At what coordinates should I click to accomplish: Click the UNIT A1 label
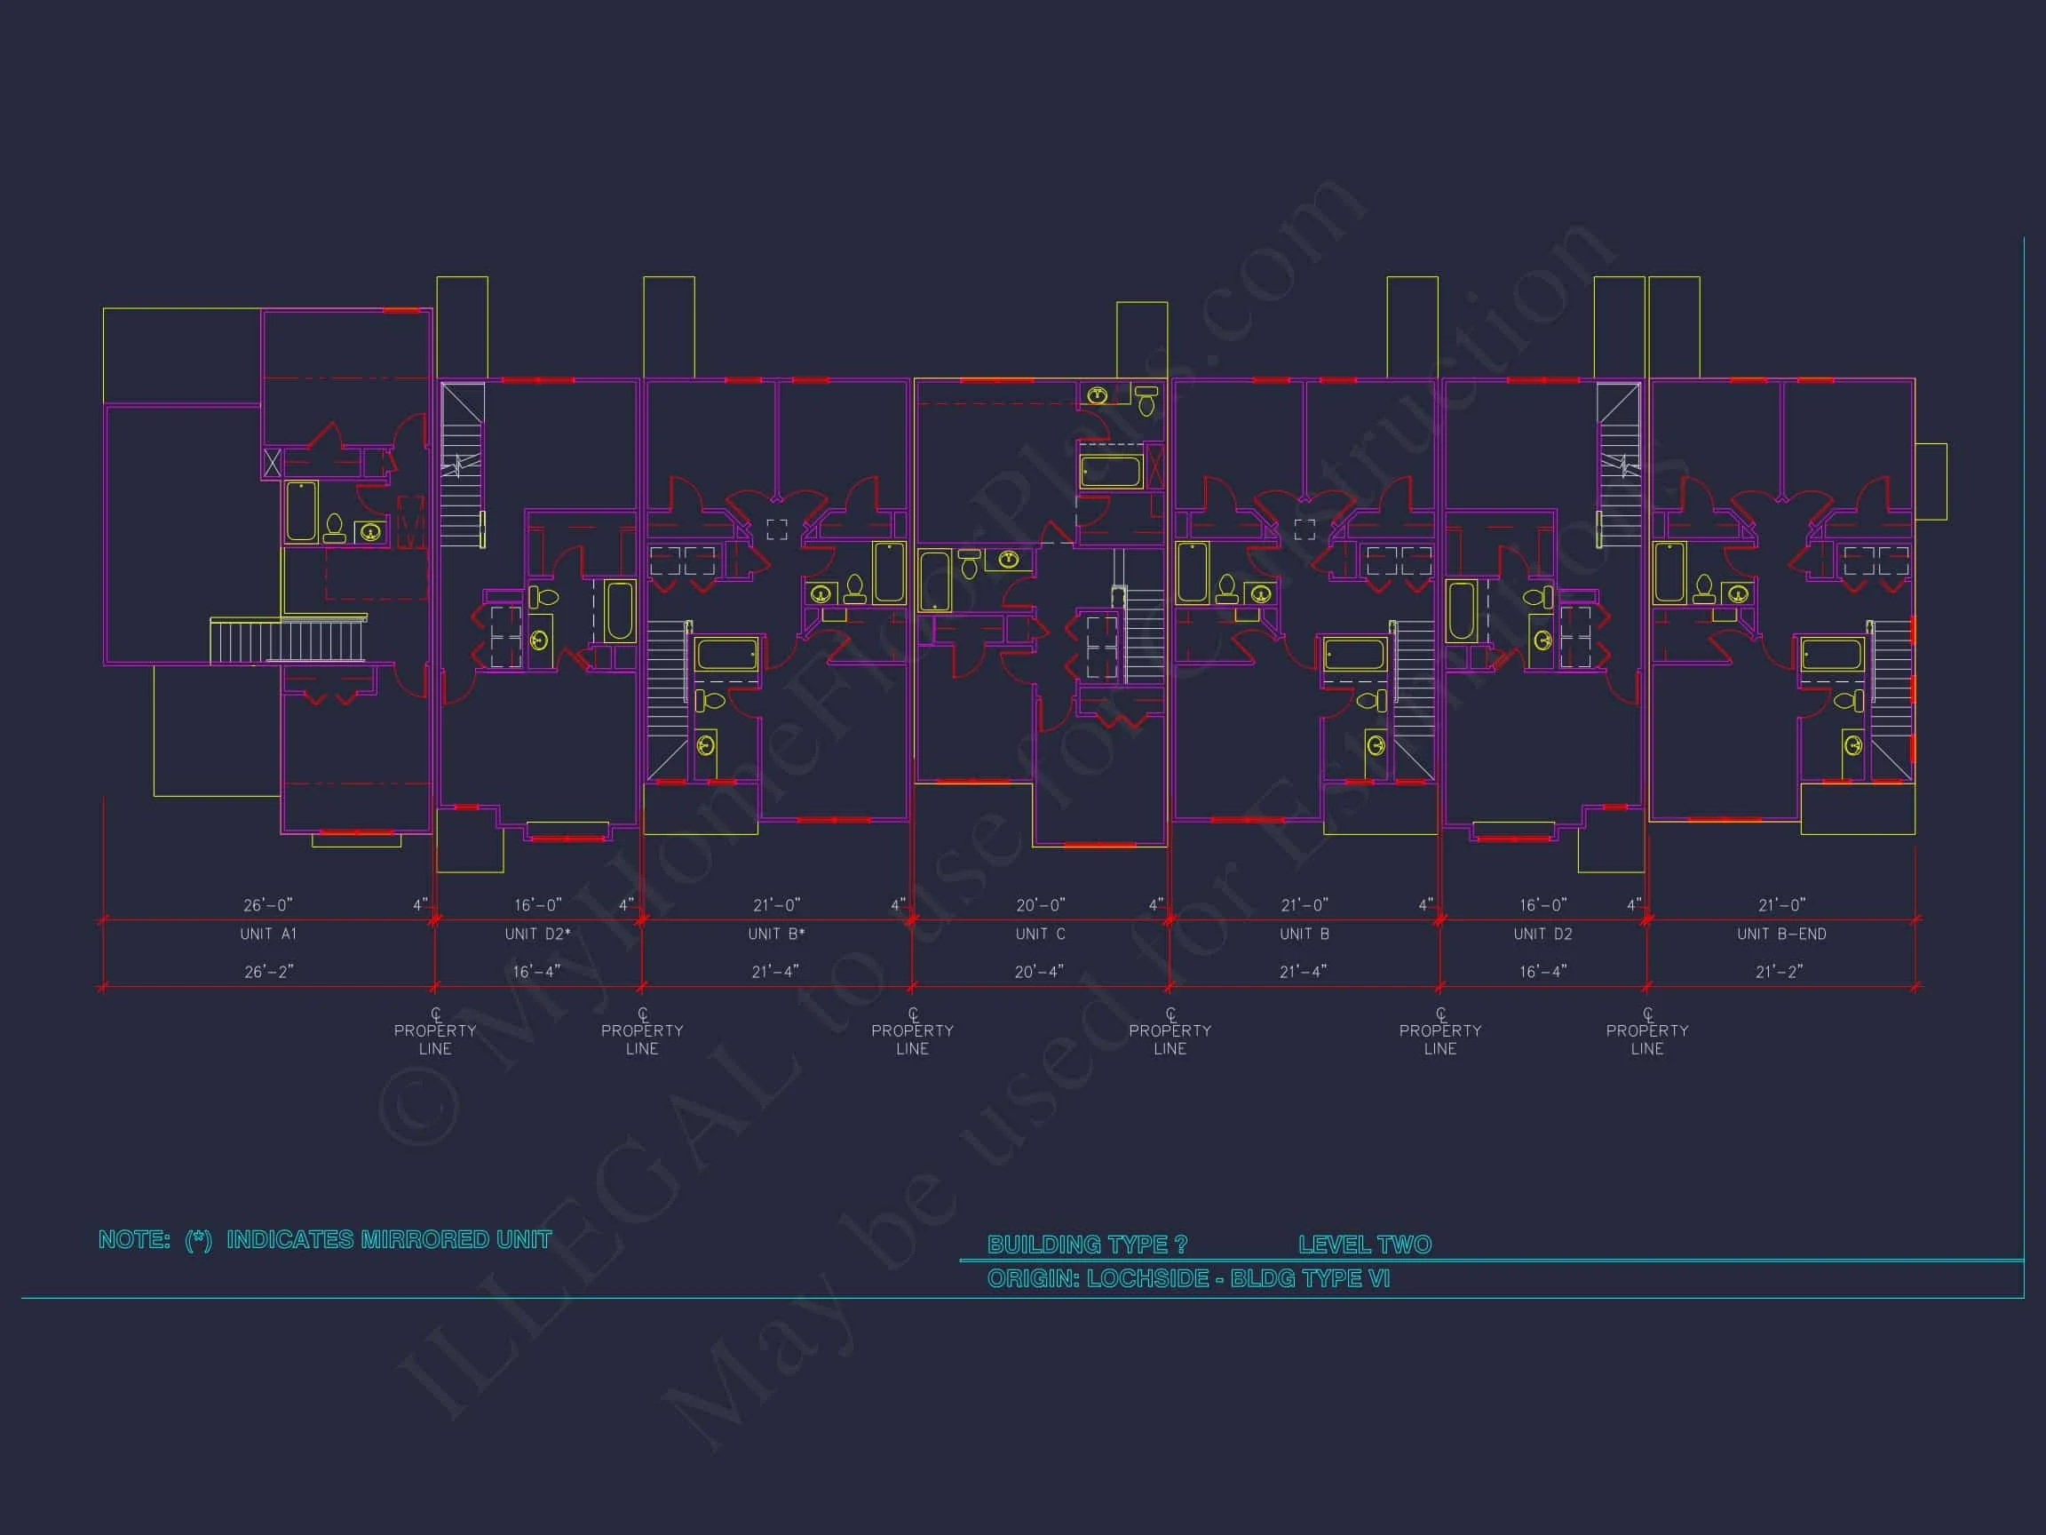click(x=268, y=935)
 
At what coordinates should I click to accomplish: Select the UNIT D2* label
click(x=537, y=935)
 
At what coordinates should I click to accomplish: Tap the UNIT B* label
click(x=776, y=935)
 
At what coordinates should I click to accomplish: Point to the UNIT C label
click(x=1040, y=935)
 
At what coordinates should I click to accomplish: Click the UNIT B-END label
click(x=1780, y=935)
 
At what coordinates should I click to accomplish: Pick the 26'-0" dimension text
click(x=268, y=905)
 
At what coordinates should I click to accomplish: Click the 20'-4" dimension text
click(x=1039, y=972)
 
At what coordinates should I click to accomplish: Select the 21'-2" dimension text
click(x=1779, y=972)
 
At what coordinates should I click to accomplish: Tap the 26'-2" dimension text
click(x=268, y=972)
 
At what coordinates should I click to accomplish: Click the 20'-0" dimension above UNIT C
click(x=1041, y=905)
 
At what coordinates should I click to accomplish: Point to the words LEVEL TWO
click(x=1364, y=1245)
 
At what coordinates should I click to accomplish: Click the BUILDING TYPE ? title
click(x=1087, y=1245)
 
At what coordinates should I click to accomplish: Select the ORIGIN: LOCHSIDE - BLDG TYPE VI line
click(x=1187, y=1278)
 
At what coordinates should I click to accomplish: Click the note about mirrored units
click(x=325, y=1240)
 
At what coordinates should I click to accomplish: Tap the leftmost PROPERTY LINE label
click(x=435, y=1039)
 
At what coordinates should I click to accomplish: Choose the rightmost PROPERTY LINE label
click(x=1646, y=1039)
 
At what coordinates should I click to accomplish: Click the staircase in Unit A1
click(x=289, y=640)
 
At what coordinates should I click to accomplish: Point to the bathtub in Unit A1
click(x=302, y=511)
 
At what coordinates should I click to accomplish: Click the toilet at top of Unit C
click(x=1146, y=400)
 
